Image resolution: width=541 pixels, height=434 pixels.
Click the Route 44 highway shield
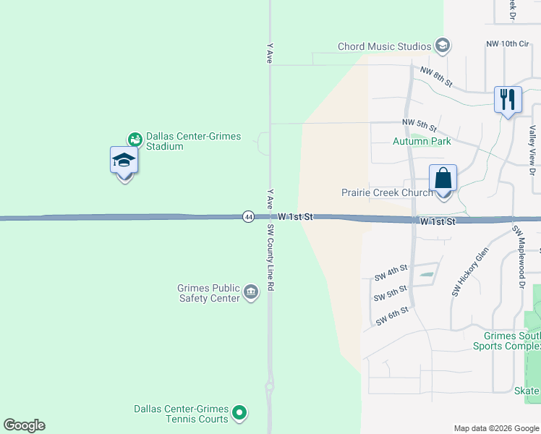click(248, 217)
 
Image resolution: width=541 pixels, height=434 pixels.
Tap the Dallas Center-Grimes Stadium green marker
click(135, 139)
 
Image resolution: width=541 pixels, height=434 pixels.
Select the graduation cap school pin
click(124, 161)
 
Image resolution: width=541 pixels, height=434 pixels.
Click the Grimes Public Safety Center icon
click(251, 292)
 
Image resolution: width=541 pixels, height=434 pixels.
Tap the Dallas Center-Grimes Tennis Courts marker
click(240, 414)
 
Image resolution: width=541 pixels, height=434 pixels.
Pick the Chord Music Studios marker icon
click(442, 47)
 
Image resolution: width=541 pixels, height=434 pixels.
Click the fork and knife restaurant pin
click(508, 99)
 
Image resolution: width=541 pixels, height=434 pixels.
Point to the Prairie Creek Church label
click(387, 192)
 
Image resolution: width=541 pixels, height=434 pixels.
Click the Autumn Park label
click(422, 141)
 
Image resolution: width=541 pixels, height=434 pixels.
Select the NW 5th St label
click(419, 125)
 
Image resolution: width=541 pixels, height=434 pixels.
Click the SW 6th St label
click(392, 315)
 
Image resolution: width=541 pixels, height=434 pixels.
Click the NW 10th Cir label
click(508, 44)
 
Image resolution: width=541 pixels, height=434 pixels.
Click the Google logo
click(24, 425)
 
